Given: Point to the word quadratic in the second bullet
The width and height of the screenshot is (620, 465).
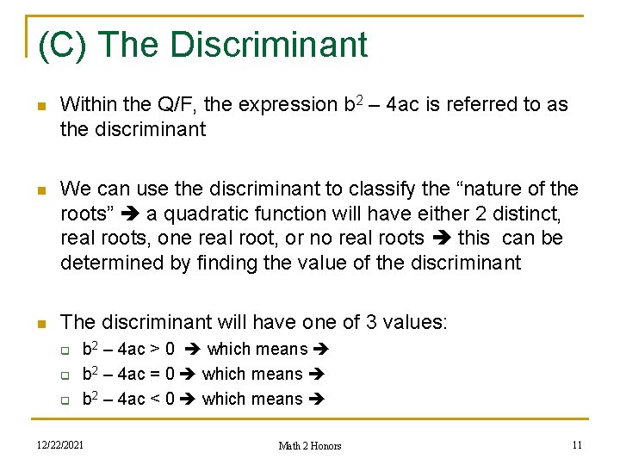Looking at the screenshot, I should [x=192, y=214].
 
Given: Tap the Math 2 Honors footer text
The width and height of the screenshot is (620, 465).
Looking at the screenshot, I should [x=309, y=446].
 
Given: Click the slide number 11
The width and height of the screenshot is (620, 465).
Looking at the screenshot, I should [x=577, y=444].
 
